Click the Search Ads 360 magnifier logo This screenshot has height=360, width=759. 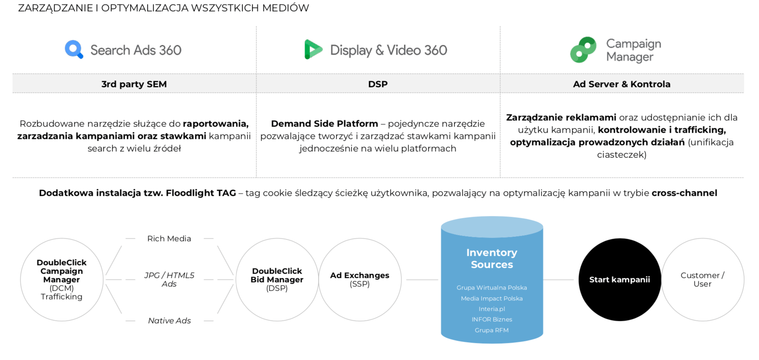point(74,49)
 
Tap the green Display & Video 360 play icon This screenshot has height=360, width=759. point(313,49)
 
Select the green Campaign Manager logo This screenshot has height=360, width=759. point(583,50)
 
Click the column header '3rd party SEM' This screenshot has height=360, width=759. point(134,84)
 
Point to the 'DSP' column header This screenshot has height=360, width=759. point(378,84)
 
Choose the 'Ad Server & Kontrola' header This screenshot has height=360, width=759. point(621,84)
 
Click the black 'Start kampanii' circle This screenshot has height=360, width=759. point(620,279)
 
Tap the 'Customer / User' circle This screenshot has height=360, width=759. point(703,279)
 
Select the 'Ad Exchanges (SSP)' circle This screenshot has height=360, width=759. point(360,279)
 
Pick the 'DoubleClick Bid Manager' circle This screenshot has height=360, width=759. point(277,279)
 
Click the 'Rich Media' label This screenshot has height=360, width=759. point(169,238)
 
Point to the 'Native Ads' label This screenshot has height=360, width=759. point(169,321)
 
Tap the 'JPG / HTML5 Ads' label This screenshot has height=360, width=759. point(169,279)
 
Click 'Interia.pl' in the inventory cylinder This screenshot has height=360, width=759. point(492,309)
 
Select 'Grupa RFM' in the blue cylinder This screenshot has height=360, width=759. point(492,330)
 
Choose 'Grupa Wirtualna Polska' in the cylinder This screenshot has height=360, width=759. point(492,288)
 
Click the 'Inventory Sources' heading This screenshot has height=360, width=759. point(492,259)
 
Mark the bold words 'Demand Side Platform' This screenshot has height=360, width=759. point(325,123)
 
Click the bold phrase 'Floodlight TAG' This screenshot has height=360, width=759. point(201,193)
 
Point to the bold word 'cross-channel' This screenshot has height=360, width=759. point(684,193)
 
